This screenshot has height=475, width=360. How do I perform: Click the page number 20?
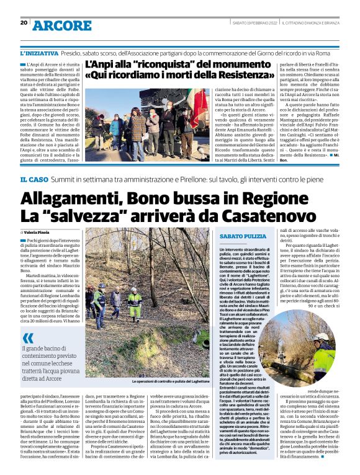tap(24, 23)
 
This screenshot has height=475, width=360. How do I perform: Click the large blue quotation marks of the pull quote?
tap(28, 338)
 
